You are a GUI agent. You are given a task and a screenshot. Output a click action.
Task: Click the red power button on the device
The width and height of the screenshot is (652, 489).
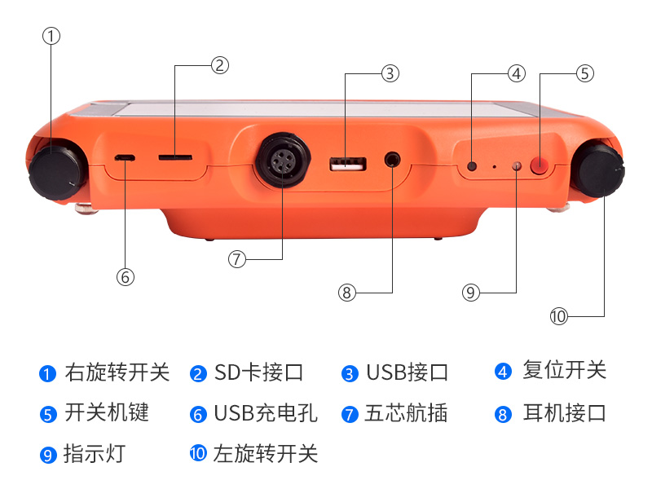(540, 166)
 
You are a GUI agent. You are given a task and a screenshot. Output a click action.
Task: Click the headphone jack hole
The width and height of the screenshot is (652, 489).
(393, 160)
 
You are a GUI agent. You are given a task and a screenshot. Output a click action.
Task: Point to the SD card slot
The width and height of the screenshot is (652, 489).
(174, 154)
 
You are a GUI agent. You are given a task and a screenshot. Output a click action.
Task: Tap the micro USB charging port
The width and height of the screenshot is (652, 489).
(125, 156)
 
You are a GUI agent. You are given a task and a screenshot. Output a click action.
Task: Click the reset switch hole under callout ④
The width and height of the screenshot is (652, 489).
(472, 167)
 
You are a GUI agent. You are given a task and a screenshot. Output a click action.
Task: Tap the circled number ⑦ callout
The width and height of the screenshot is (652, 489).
(237, 259)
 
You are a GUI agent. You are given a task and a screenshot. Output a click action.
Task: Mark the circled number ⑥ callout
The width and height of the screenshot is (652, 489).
(125, 277)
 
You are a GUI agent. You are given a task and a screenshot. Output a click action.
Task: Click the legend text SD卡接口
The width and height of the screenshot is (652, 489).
(258, 372)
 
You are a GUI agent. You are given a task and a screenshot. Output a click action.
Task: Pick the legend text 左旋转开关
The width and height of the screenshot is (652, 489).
(265, 453)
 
